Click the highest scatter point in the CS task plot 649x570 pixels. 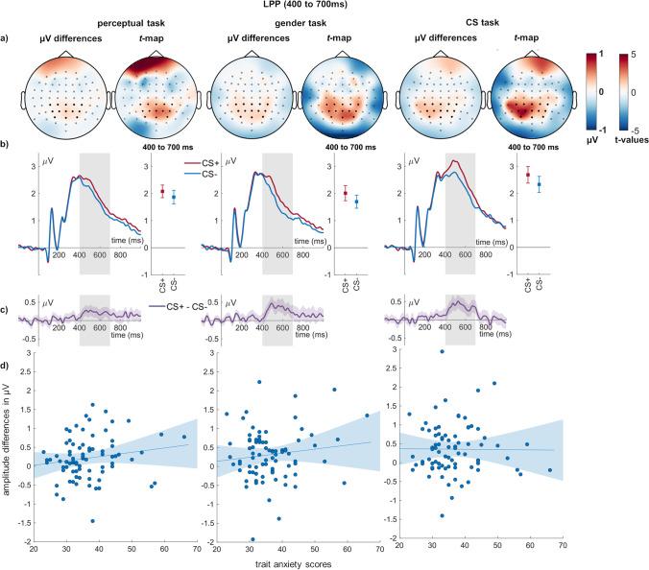pos(442,352)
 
